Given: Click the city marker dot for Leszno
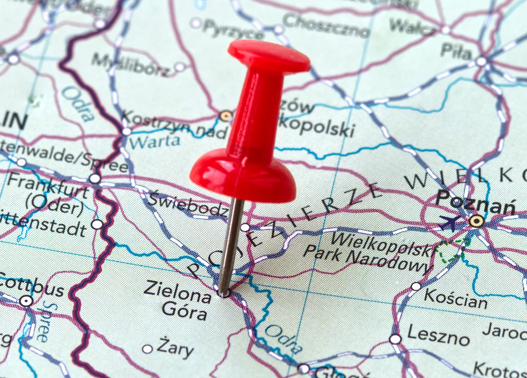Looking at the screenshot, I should tap(395, 339).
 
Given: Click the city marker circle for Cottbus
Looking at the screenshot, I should tap(26, 301).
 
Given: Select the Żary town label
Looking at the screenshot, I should tap(175, 349).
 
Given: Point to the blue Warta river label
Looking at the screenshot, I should tap(154, 142).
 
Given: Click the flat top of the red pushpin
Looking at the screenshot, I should tap(269, 55).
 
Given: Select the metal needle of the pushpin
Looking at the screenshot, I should tap(230, 245).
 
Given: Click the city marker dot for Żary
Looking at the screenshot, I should tap(147, 349).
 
